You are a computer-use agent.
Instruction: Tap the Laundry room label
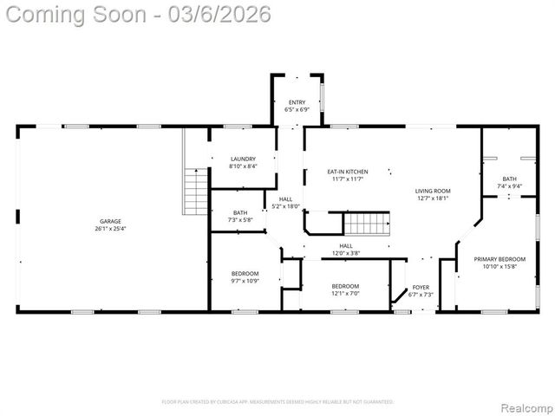click(x=243, y=159)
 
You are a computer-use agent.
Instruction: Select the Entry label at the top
click(x=297, y=103)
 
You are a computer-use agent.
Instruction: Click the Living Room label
click(x=432, y=191)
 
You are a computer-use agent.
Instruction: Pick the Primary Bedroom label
click(x=499, y=259)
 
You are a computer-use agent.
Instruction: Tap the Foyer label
click(x=421, y=287)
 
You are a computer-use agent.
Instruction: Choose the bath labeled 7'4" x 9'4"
click(x=508, y=179)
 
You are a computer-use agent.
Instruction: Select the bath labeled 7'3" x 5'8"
click(x=240, y=213)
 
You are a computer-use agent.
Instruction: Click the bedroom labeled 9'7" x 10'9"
click(x=245, y=274)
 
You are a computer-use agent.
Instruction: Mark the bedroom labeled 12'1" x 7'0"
click(x=345, y=286)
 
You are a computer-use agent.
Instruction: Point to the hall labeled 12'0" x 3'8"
click(x=346, y=246)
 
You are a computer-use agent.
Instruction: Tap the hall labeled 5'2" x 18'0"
click(x=285, y=199)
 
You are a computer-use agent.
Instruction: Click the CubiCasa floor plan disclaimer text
click(x=277, y=402)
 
